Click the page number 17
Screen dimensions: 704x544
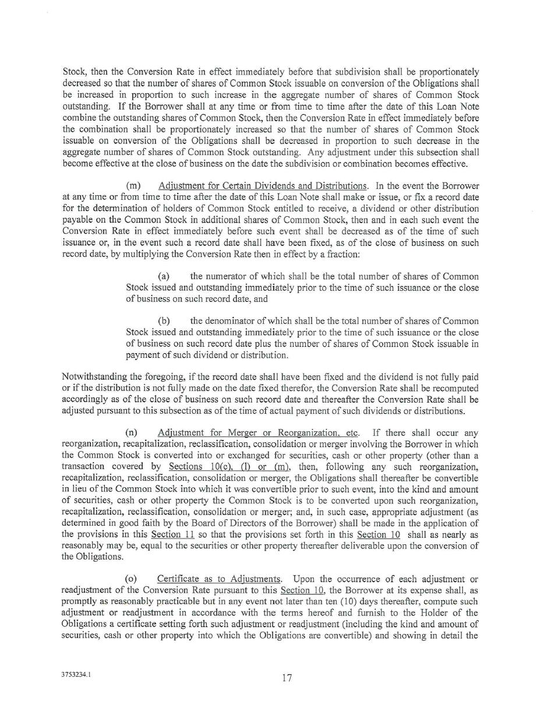pyautogui.click(x=287, y=678)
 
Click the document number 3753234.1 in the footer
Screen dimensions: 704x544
pyautogui.click(x=76, y=674)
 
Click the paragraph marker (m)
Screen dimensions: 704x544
pyautogui.click(x=133, y=186)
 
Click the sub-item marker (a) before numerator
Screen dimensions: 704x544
pyautogui.click(x=164, y=276)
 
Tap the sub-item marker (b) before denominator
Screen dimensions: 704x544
pyautogui.click(x=164, y=321)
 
